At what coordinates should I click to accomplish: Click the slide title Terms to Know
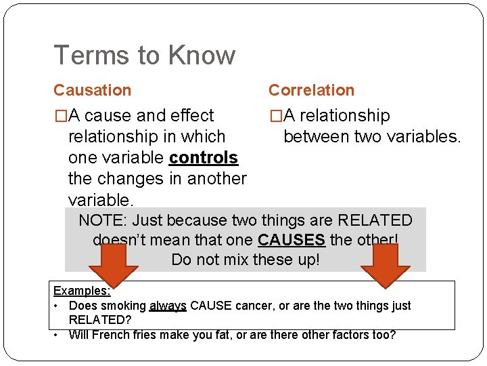(144, 56)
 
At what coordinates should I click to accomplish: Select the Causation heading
(92, 90)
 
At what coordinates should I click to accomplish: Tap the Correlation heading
(311, 90)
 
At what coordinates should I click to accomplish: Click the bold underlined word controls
(204, 158)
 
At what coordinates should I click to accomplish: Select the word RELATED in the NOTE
(374, 220)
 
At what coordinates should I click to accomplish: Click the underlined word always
(168, 306)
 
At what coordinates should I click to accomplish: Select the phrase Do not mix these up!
(245, 260)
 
